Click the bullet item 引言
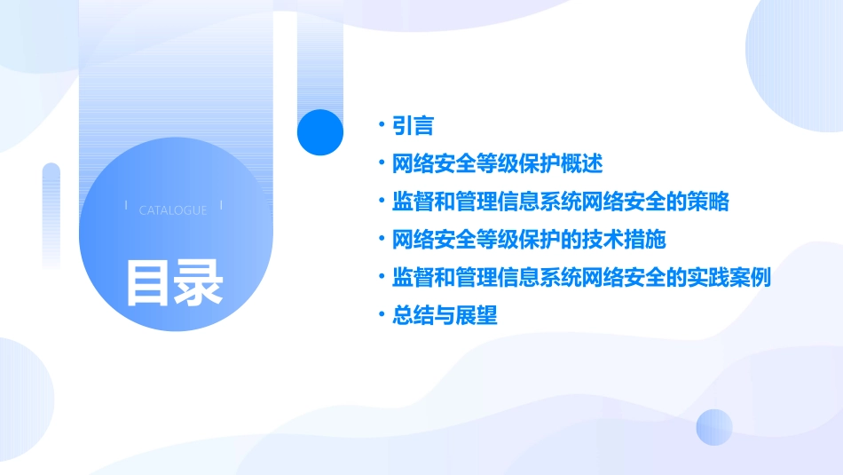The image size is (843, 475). click(413, 126)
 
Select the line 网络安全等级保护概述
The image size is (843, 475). click(497, 164)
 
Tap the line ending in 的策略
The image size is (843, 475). click(560, 202)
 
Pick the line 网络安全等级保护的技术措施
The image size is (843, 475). click(529, 240)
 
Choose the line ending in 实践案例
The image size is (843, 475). click(581, 277)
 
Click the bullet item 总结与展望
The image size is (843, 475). click(445, 315)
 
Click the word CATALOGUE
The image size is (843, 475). click(173, 210)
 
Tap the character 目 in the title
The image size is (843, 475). click(147, 283)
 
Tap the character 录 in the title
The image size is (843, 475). click(199, 283)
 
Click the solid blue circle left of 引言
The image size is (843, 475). click(320, 132)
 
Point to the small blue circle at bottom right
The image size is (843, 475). click(714, 427)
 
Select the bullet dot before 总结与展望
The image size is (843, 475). click(381, 315)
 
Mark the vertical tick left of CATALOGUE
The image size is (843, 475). click(126, 206)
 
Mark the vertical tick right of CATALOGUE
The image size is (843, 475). click(221, 206)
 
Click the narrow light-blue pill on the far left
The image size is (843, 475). click(51, 213)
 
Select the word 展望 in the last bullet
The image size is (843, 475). click(477, 315)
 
